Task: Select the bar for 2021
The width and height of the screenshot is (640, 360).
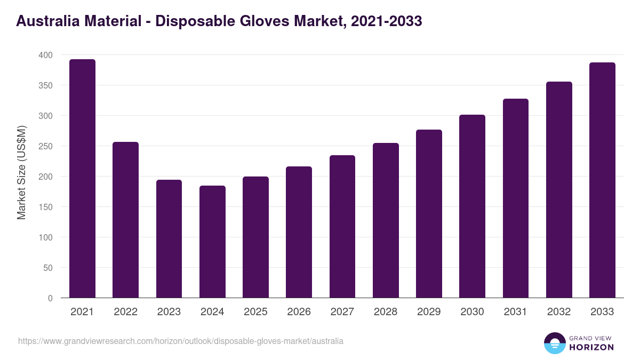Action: [x=82, y=179]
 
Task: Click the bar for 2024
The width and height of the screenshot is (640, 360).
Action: [x=212, y=242]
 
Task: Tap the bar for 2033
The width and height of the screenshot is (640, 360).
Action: [x=602, y=180]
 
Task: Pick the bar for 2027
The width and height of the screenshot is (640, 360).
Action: [x=342, y=227]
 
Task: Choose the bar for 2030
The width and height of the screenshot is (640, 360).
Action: [x=472, y=206]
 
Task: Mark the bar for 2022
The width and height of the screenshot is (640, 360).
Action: [x=125, y=220]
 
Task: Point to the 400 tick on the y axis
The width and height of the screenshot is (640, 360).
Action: [x=46, y=55]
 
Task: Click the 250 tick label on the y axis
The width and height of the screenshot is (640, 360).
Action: [x=46, y=146]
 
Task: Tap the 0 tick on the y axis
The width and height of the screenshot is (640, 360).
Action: [x=50, y=298]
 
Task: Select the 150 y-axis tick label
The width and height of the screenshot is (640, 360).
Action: [x=46, y=207]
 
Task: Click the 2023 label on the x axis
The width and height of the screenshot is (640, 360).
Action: [x=169, y=312]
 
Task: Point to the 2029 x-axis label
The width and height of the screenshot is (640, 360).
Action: [x=429, y=312]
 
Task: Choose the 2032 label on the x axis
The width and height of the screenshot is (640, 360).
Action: [x=559, y=312]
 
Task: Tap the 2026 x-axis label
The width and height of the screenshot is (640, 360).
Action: [x=299, y=312]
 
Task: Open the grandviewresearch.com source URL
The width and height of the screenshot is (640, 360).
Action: [x=181, y=341]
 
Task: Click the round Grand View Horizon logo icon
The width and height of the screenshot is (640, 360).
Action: [x=554, y=343]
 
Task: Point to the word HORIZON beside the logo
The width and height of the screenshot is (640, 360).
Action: [x=592, y=347]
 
